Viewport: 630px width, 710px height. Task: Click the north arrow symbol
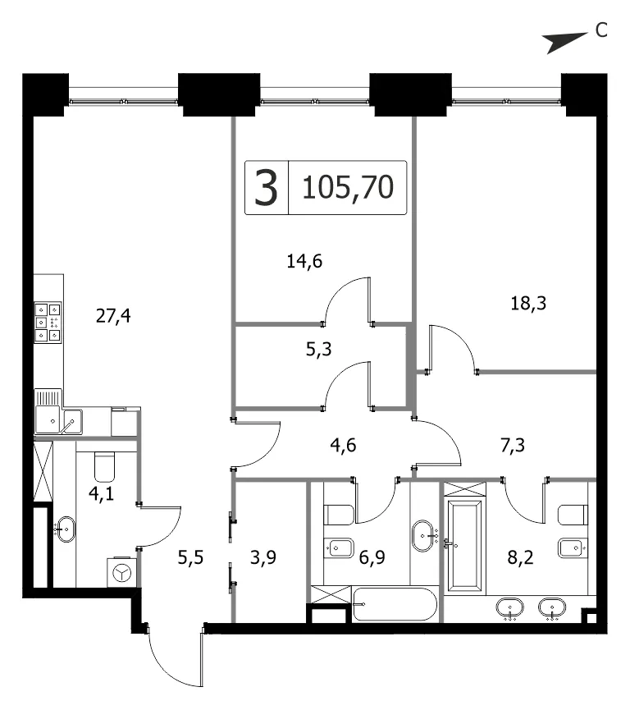pos(565,43)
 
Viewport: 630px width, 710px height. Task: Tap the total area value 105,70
pos(348,187)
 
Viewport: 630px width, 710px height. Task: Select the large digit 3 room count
pos(266,187)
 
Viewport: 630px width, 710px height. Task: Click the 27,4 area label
pos(113,316)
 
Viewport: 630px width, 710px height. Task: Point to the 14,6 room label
pos(304,261)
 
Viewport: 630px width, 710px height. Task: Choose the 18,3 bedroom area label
pos(528,303)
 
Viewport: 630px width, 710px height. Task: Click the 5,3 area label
pos(318,349)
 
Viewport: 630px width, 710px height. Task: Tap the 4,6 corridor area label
pos(343,445)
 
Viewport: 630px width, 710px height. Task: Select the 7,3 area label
pos(513,445)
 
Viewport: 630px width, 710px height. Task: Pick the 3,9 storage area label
pos(263,557)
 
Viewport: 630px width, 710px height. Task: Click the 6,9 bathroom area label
pos(372,557)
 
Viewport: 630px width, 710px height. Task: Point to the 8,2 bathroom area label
pos(520,557)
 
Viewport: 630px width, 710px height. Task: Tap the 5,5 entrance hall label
pos(190,557)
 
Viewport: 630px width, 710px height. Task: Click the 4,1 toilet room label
pos(102,493)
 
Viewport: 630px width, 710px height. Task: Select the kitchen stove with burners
pos(48,323)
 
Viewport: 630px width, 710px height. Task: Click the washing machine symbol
pos(121,573)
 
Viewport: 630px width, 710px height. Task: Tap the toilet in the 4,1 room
pos(104,467)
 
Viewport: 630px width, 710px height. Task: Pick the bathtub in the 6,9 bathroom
pos(395,604)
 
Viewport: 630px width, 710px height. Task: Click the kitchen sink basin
pos(72,422)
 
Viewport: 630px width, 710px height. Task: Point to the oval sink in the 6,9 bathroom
pos(423,536)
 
